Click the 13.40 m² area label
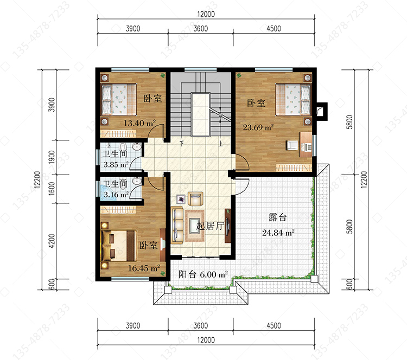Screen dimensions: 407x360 (139, 123)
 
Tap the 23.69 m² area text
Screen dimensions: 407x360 (258, 127)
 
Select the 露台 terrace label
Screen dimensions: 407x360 (277, 217)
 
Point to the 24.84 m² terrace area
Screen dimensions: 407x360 (278, 233)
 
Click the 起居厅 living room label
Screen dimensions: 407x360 (209, 226)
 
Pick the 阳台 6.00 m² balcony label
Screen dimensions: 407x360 (203, 274)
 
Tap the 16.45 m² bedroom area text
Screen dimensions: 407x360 (144, 268)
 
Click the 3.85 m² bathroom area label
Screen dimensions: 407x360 (116, 164)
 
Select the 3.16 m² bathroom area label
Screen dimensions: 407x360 (116, 195)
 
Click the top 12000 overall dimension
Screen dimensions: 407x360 (206, 14)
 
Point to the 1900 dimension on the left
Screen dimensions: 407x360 (52, 157)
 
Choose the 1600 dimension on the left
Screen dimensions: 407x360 (52, 189)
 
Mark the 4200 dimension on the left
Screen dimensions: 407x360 (52, 241)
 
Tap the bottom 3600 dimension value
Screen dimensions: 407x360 (201, 325)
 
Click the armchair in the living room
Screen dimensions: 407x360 (195, 198)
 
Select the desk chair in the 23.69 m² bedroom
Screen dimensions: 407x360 (292, 145)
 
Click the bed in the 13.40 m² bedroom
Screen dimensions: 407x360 (119, 99)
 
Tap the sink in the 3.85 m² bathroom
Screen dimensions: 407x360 (137, 147)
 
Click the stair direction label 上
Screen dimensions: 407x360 (221, 143)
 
